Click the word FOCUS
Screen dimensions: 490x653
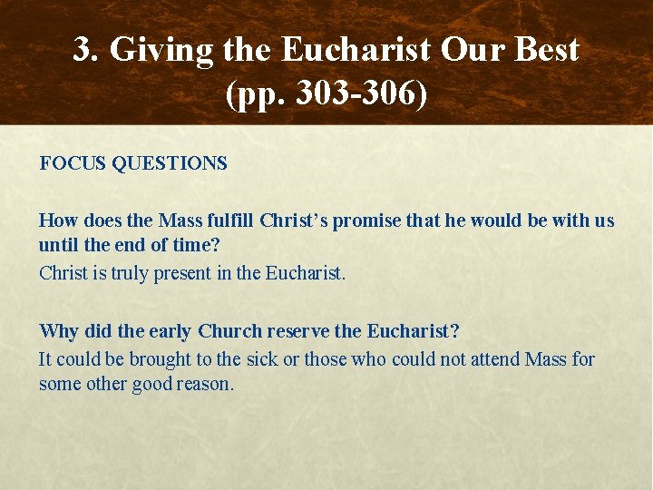[72, 163]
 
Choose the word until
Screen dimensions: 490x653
[57, 246]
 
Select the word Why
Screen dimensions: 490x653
[58, 331]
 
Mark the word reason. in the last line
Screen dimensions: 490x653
[207, 384]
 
